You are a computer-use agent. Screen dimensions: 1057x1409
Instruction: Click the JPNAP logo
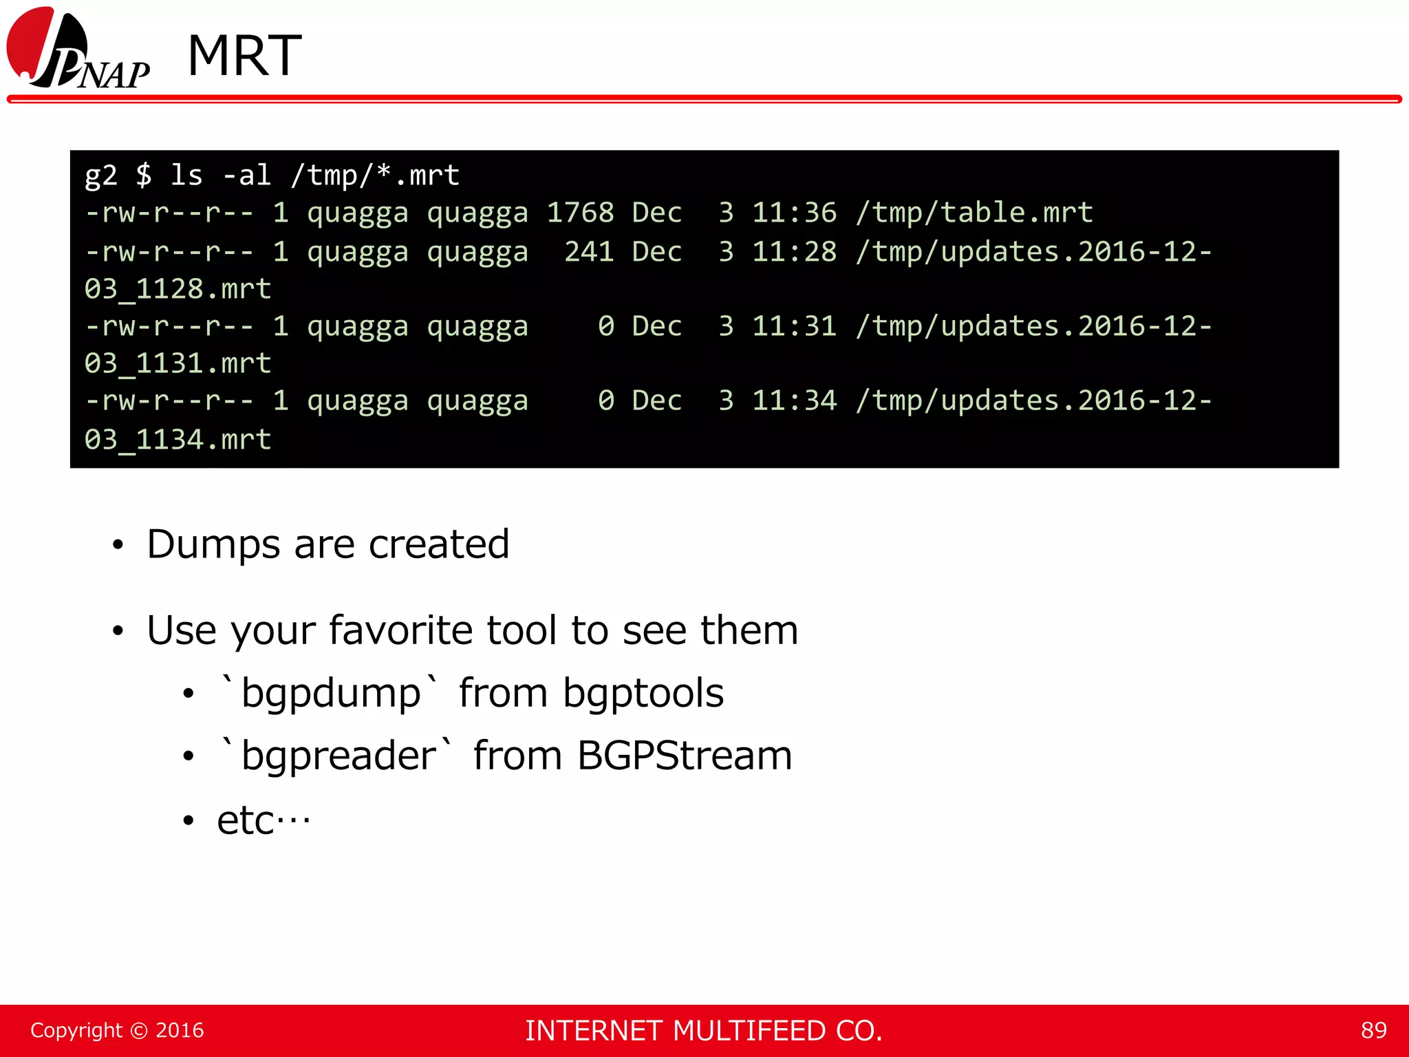[x=77, y=50]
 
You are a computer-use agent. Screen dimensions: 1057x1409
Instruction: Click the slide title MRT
[x=244, y=56]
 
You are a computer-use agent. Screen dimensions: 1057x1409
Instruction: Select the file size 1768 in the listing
[x=580, y=213]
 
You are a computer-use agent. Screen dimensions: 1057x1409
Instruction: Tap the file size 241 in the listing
[x=589, y=252]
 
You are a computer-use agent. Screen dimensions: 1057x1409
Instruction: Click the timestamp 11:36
[x=794, y=213]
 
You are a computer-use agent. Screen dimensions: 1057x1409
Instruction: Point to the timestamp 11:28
[x=794, y=252]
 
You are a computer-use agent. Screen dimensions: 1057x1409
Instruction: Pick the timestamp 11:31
[x=794, y=326]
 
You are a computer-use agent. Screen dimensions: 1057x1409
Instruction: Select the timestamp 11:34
[x=794, y=401]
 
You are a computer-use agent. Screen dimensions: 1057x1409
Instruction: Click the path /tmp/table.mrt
[x=974, y=213]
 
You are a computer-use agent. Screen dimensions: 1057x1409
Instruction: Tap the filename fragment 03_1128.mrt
[x=178, y=290]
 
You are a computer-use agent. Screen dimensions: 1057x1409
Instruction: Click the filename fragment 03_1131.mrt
[x=178, y=364]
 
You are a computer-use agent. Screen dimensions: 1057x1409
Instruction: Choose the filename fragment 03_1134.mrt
[x=178, y=440]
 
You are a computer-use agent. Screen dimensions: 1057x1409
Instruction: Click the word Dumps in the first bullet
[x=213, y=545]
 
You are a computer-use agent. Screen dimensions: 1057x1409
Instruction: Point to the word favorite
[x=400, y=630]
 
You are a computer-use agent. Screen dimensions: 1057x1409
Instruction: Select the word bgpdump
[x=331, y=694]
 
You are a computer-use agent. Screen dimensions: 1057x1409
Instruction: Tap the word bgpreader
[x=338, y=756]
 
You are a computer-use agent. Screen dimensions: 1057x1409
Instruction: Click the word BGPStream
[x=685, y=756]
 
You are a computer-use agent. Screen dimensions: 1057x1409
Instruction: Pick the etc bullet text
[x=263, y=820]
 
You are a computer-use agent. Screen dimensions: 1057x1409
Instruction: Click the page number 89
[x=1373, y=1030]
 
